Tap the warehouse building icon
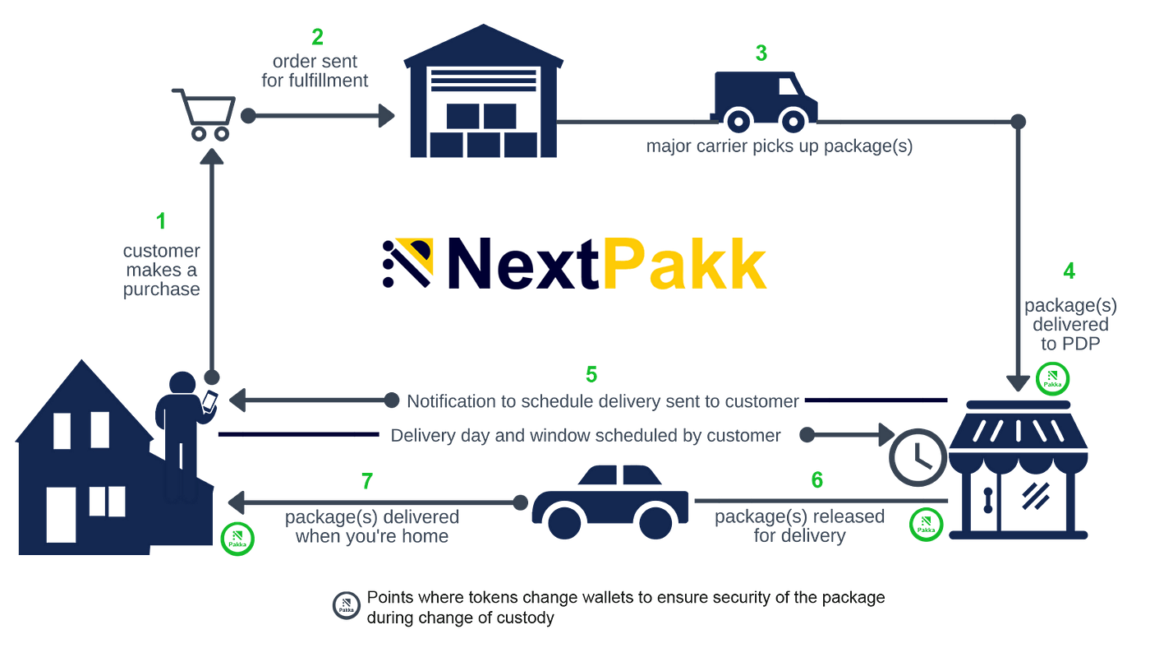(x=484, y=95)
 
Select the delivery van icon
(x=764, y=100)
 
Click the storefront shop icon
(x=1019, y=469)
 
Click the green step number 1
(x=161, y=221)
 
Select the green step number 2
(x=317, y=38)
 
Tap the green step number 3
(x=761, y=53)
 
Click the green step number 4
(x=1069, y=271)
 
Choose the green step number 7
(x=367, y=481)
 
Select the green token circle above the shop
(x=1052, y=377)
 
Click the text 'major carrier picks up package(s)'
(x=779, y=148)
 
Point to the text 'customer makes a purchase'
(x=161, y=271)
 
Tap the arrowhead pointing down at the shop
(x=1019, y=382)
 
